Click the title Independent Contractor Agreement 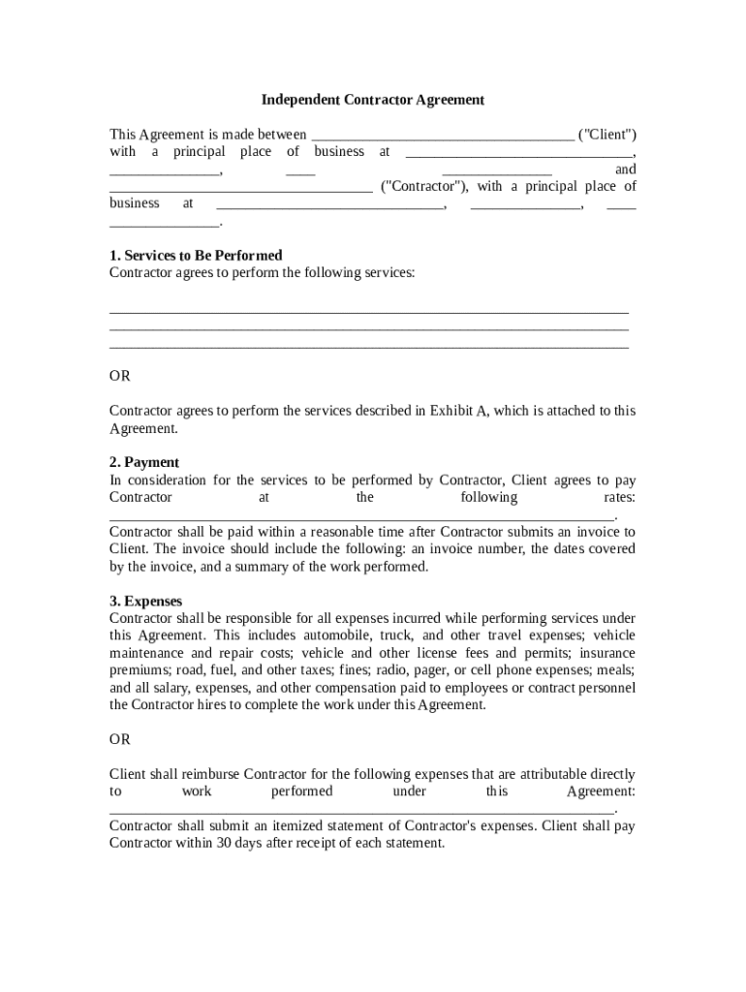pos(373,100)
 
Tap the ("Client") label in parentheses pos(607,135)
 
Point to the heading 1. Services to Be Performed pos(196,256)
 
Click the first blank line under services pos(369,311)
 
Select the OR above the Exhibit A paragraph pos(119,376)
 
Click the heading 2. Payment pos(144,463)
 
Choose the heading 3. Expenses pos(145,602)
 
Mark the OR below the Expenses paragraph pos(119,739)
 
